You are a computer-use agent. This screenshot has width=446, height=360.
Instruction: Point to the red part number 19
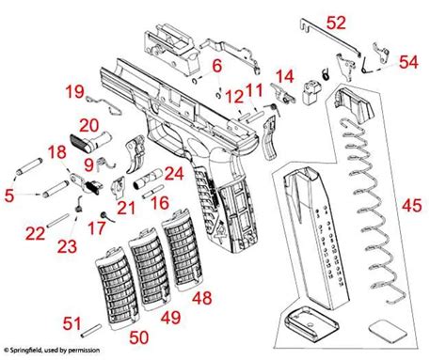pyautogui.click(x=74, y=90)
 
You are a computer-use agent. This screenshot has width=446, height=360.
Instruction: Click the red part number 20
pyautogui.click(x=88, y=126)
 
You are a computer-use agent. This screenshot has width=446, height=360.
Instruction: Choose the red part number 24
pyautogui.click(x=173, y=173)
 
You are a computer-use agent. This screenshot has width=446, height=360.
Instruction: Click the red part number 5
pyautogui.click(x=8, y=196)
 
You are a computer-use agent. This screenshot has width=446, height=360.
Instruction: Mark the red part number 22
pyautogui.click(x=34, y=233)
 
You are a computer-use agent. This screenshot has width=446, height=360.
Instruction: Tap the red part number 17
pyautogui.click(x=95, y=227)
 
